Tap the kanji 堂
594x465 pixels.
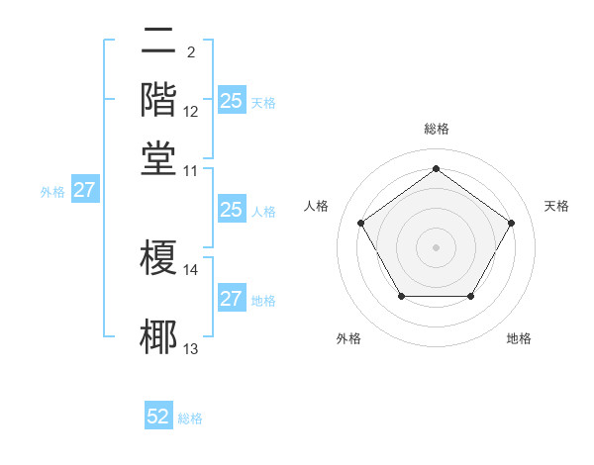coord(159,155)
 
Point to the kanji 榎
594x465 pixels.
coord(159,258)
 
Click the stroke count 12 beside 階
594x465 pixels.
coord(191,113)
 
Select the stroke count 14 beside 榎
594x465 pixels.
coord(191,269)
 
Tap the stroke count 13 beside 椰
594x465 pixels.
coord(191,348)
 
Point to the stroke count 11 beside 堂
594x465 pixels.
coord(191,170)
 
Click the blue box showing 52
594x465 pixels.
coord(158,418)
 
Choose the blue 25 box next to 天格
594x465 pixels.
coord(231,101)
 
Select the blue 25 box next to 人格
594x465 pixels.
coord(231,210)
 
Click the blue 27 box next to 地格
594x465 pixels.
coord(231,299)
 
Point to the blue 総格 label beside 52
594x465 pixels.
coord(190,418)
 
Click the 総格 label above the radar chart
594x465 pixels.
coord(436,129)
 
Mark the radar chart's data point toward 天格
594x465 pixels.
coord(511,223)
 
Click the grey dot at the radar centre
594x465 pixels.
coord(436,246)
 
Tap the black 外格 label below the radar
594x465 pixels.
coord(348,339)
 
